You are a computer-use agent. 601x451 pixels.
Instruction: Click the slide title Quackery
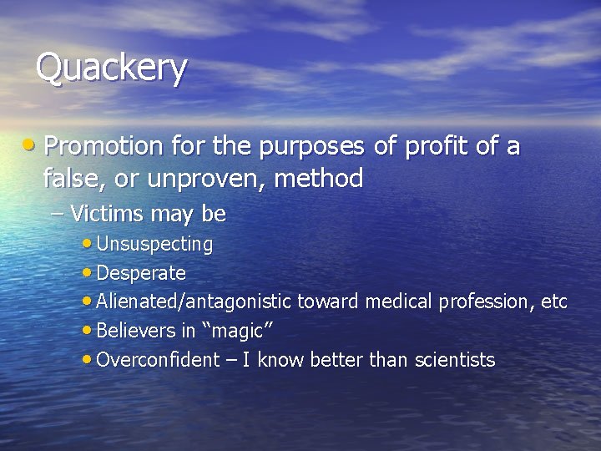click(x=111, y=68)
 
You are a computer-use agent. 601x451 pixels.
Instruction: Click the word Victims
click(x=109, y=214)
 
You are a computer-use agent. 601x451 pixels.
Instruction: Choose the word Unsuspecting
click(x=154, y=244)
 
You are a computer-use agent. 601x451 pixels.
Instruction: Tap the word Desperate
click(x=141, y=273)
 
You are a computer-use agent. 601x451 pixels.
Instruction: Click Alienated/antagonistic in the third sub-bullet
click(x=194, y=302)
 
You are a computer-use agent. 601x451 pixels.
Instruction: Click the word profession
click(x=483, y=302)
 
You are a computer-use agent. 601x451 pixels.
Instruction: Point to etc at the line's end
click(x=554, y=302)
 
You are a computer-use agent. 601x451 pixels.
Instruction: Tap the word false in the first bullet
click(x=70, y=178)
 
